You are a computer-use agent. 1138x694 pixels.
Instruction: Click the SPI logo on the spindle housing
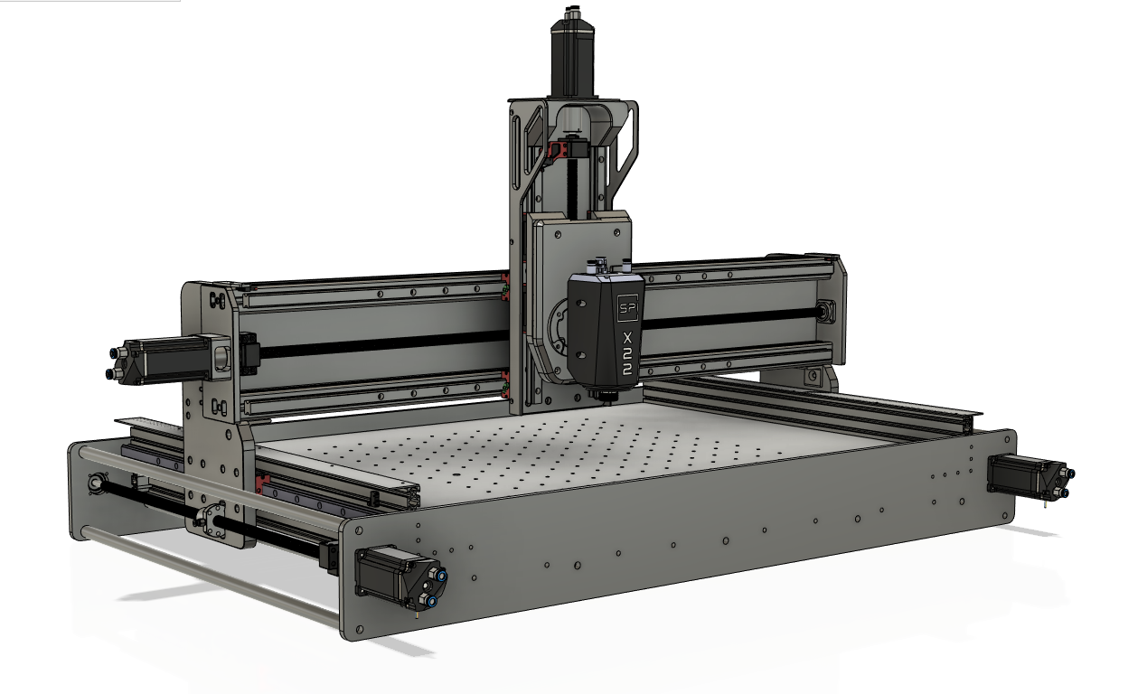click(x=627, y=307)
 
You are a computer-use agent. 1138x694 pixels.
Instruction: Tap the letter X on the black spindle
click(x=628, y=338)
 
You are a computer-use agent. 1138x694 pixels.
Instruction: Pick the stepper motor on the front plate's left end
click(x=401, y=577)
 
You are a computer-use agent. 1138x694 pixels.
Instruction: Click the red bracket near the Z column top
click(x=558, y=152)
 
